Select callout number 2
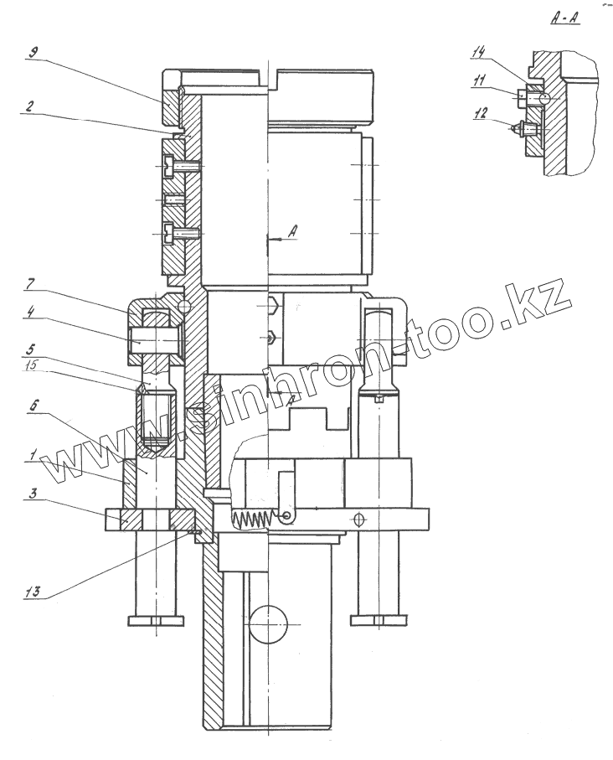[30, 107]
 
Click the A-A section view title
[567, 17]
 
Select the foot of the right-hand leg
[379, 620]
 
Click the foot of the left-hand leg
[155, 620]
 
